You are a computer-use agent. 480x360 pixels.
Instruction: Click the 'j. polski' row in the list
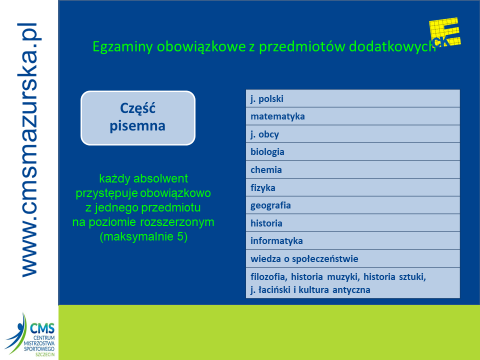click(x=352, y=98)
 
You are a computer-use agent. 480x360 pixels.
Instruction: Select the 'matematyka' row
click(x=352, y=116)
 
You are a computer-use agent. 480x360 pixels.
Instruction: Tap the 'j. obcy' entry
click(x=352, y=134)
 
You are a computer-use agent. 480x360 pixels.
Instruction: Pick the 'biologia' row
click(x=352, y=152)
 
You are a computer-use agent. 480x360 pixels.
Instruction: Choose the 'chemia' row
click(x=352, y=169)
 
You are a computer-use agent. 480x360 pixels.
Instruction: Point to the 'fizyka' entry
click(x=352, y=187)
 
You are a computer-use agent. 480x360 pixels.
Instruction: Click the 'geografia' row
click(x=352, y=205)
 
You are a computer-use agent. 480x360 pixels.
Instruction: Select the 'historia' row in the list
click(x=352, y=223)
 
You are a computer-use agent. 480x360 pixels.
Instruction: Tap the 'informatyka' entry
click(x=352, y=240)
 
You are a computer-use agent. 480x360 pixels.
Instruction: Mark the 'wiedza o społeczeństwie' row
click(x=352, y=258)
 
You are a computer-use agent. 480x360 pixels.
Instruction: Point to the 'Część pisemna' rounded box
click(x=138, y=118)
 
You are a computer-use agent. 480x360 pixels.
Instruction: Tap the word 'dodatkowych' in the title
click(x=392, y=46)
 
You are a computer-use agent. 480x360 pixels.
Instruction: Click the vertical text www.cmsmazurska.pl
click(x=29, y=150)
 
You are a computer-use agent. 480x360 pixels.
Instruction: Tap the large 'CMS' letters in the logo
click(x=42, y=328)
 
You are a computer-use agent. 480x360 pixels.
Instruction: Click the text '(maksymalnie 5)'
click(x=143, y=236)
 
